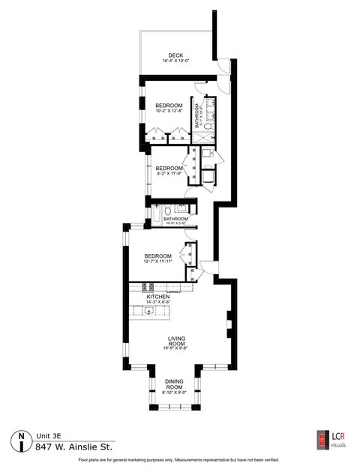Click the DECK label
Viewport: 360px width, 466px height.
tap(175, 55)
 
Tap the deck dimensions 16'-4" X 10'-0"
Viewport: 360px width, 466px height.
tap(175, 61)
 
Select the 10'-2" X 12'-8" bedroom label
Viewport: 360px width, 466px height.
tap(169, 106)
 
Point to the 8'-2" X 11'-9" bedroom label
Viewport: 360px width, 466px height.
tap(169, 169)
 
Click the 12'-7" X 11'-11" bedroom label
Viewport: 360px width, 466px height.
tap(158, 255)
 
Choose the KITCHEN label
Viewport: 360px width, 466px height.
tap(158, 297)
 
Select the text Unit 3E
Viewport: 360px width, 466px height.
tap(47, 435)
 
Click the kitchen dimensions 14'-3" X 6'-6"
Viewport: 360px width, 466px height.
tap(158, 303)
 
